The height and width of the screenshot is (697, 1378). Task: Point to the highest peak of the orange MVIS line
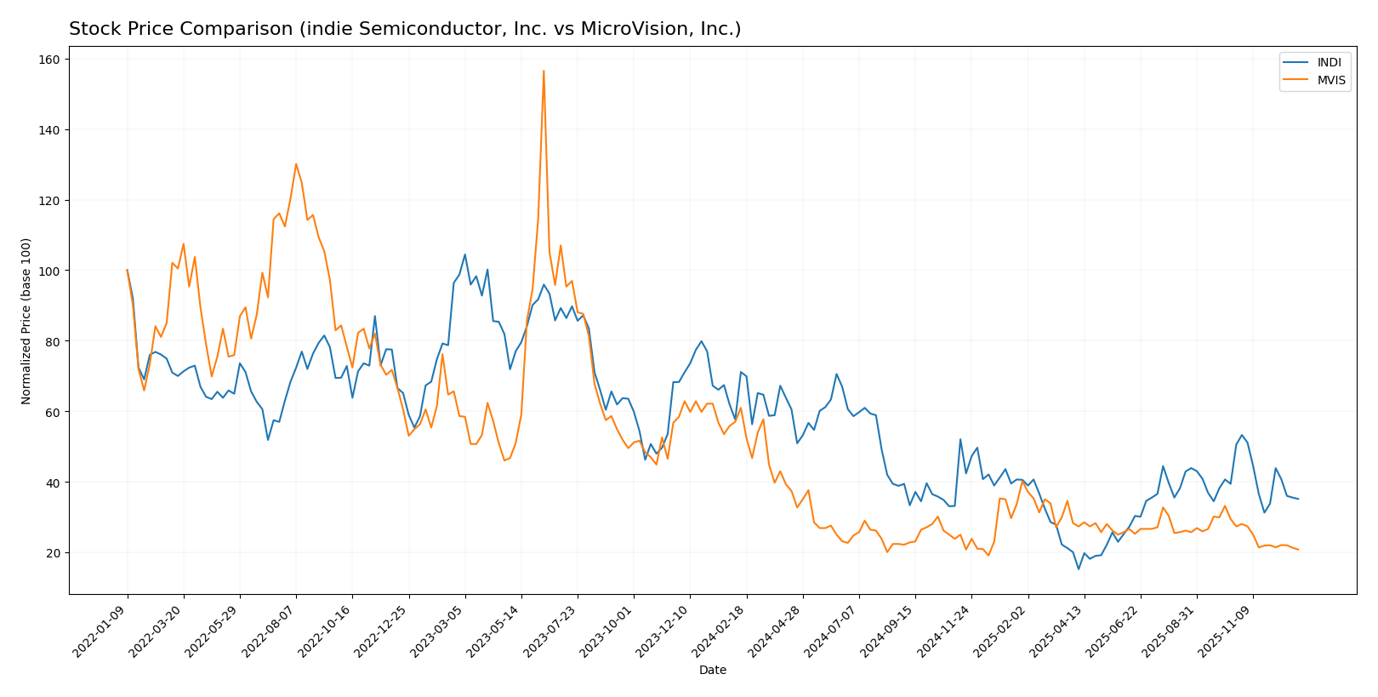pos(544,71)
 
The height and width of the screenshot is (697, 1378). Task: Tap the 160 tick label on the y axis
pos(49,60)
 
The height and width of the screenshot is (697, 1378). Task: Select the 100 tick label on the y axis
pos(49,271)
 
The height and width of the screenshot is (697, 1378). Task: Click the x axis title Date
pos(712,671)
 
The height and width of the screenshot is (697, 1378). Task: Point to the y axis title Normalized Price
pos(26,321)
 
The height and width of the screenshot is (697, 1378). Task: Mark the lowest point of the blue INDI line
pos(1079,568)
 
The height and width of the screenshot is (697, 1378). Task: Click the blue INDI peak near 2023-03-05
pos(464,254)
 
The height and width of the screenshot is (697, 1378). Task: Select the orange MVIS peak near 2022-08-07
pos(296,164)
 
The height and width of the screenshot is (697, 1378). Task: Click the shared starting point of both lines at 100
pos(128,271)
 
